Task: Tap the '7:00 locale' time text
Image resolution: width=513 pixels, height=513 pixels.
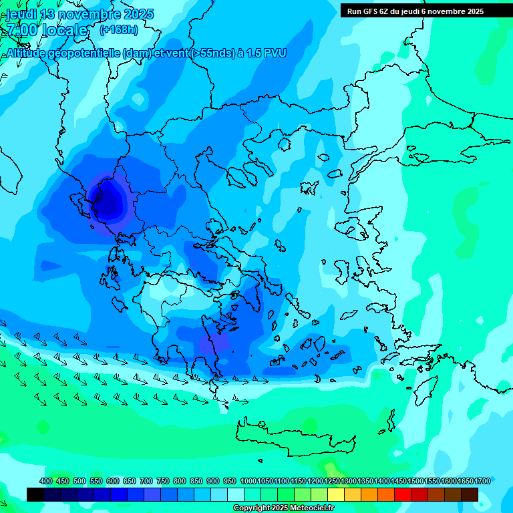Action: tap(47, 30)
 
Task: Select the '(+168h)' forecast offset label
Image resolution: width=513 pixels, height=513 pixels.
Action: tap(118, 29)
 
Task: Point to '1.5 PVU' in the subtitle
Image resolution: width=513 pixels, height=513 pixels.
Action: tap(266, 53)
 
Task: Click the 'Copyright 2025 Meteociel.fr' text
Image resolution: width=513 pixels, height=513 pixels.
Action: tap(283, 508)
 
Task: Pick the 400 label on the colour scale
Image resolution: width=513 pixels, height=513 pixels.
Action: tap(46, 481)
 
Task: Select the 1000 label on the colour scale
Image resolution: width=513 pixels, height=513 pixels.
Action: tap(248, 481)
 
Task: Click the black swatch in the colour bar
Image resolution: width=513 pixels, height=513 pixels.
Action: tap(35, 494)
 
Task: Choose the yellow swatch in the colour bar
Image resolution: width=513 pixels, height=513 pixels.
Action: tap(336, 494)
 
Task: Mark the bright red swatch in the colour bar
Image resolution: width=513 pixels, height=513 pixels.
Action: tap(403, 494)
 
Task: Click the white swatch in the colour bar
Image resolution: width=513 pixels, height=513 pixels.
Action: tap(236, 494)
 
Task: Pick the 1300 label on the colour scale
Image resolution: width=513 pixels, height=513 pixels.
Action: tap(349, 481)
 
